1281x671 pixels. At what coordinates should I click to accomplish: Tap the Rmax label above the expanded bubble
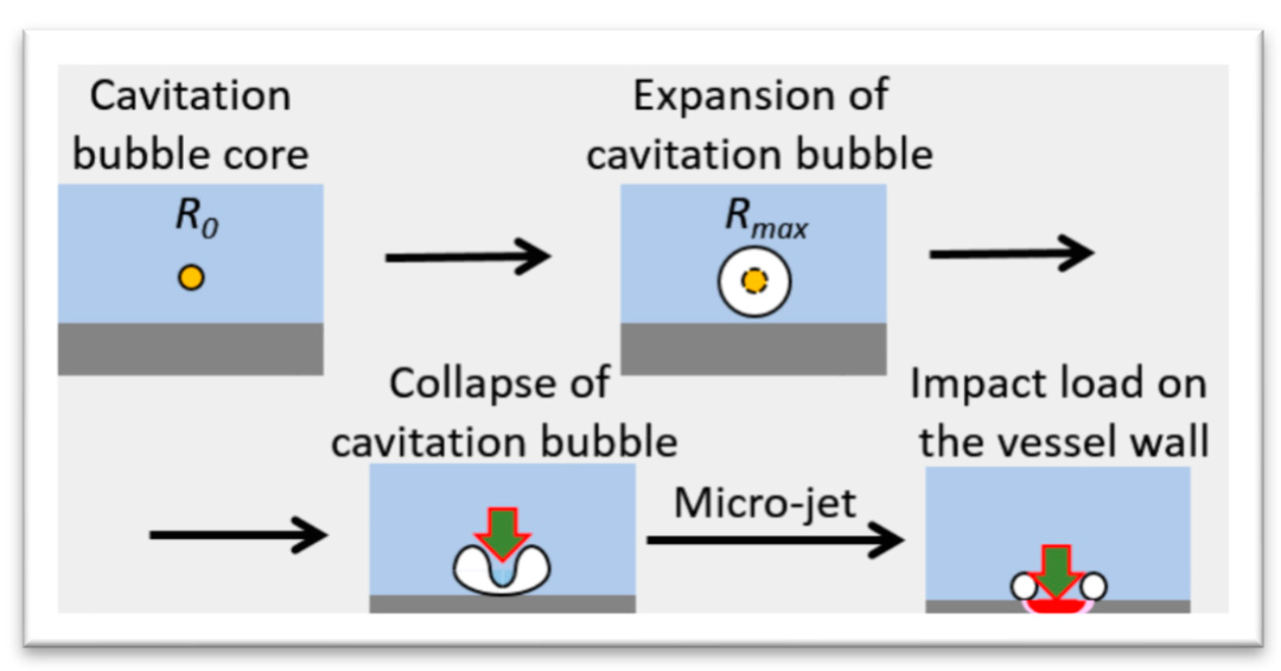pyautogui.click(x=766, y=222)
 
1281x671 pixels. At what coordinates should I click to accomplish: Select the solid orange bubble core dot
pyautogui.click(x=191, y=278)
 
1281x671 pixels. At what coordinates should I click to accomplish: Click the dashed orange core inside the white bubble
pyautogui.click(x=754, y=282)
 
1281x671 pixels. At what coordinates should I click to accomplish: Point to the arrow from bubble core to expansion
pyautogui.click(x=468, y=257)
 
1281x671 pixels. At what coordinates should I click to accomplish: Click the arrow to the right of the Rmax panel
pyautogui.click(x=1011, y=254)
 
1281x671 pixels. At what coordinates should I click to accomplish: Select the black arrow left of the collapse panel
pyautogui.click(x=238, y=535)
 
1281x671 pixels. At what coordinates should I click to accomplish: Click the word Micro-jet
pyautogui.click(x=765, y=504)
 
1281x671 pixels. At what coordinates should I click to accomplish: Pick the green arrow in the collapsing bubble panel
pyautogui.click(x=502, y=532)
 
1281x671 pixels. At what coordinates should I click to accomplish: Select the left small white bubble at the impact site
pyautogui.click(x=1024, y=587)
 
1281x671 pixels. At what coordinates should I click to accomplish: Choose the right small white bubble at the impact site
pyautogui.click(x=1094, y=586)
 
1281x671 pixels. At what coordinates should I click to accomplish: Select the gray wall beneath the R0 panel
pyautogui.click(x=190, y=349)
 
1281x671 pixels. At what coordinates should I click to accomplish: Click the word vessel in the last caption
pyautogui.click(x=1050, y=442)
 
